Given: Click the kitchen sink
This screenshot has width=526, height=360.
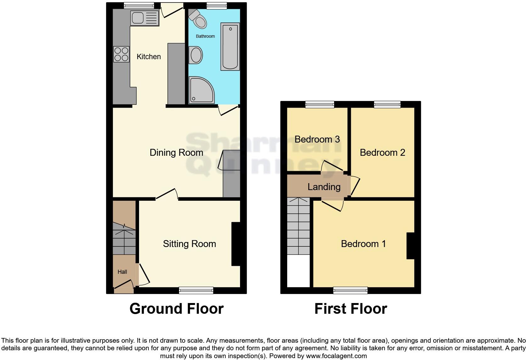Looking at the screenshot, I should click(144, 18).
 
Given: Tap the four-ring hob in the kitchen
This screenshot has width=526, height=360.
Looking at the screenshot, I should click(121, 54).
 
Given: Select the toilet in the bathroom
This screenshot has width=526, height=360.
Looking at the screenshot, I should click(199, 20).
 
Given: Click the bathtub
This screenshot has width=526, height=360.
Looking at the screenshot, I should click(230, 46).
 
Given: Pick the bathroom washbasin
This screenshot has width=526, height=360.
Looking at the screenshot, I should click(196, 55).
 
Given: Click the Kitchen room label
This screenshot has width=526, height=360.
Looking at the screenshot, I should click(148, 57).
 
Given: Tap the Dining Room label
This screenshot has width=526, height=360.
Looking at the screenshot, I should click(176, 153).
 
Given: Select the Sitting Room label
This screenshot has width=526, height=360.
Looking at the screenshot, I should click(189, 244).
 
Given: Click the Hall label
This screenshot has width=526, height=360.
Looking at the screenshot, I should click(122, 272).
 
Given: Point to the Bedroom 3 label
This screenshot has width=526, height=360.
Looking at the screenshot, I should click(317, 139).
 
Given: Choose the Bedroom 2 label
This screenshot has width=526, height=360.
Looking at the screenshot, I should click(382, 153).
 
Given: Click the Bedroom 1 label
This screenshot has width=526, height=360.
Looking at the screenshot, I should click(363, 244).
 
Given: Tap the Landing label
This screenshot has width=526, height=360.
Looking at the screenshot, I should click(324, 187).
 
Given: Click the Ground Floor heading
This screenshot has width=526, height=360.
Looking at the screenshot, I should click(176, 309).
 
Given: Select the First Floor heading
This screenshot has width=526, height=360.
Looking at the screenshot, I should click(350, 309).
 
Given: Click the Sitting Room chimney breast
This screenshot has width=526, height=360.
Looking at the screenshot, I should click(236, 244).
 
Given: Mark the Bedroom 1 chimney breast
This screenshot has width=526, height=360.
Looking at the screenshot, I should click(411, 246).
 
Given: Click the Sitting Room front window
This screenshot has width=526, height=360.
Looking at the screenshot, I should click(196, 290).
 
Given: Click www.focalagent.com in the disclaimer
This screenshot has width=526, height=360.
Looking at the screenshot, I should click(336, 356).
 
